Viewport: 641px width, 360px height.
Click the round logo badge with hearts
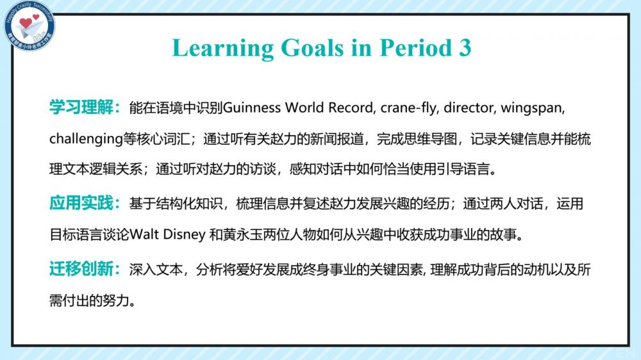pos(29,26)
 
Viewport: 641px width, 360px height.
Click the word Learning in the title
pos(223,48)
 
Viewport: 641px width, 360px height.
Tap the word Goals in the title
pos(312,48)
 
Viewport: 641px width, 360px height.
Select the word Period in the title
pos(416,48)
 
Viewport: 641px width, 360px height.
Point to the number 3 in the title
pos(465,48)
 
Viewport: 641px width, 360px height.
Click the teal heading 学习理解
pos(81,107)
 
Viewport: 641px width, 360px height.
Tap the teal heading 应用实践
pos(81,203)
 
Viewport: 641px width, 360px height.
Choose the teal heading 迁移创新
pos(81,269)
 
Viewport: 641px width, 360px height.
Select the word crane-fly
pos(408,108)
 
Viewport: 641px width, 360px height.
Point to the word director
pos(469,108)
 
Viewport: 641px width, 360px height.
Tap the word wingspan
pos(531,108)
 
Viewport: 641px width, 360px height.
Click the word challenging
pos(86,140)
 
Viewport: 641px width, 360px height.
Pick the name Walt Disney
pos(167,235)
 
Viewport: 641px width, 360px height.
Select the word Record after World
pos(351,108)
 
